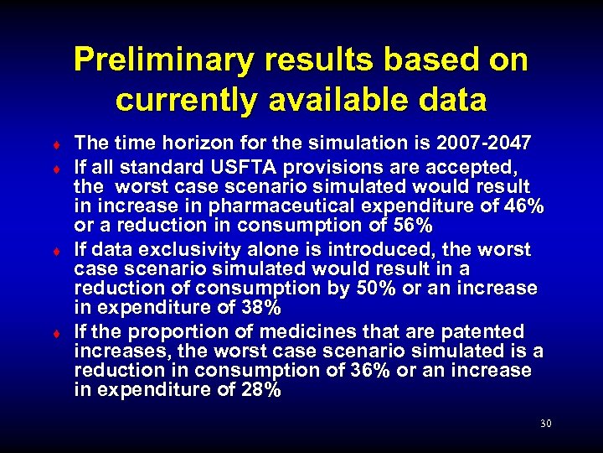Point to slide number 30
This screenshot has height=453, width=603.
tap(545, 424)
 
